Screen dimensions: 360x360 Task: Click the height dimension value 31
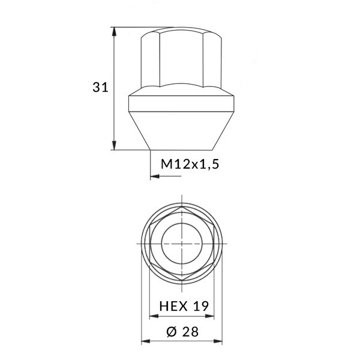100,88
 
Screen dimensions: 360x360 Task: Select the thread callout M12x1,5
188,163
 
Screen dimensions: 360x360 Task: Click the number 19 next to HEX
200,306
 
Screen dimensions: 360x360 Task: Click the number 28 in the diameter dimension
190,331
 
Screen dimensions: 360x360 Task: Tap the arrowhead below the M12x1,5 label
154,176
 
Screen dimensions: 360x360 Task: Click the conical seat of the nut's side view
181,132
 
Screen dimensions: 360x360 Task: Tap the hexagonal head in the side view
181,60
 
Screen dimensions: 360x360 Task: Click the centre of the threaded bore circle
181,245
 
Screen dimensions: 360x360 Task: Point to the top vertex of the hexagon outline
181,208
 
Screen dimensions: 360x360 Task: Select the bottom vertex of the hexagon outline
181,282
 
